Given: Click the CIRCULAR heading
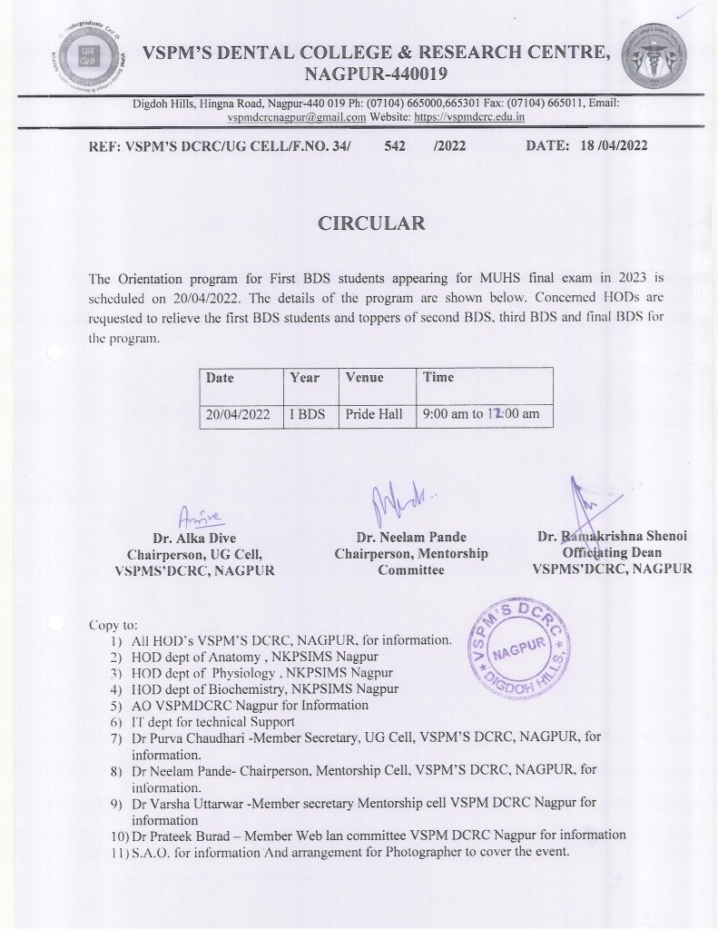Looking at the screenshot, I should pyautogui.click(x=371, y=223).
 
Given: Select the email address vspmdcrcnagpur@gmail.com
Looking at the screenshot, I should pyautogui.click(x=296, y=117).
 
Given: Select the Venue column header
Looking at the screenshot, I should pyautogui.click(x=365, y=378).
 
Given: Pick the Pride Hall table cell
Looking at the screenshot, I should pyautogui.click(x=374, y=414).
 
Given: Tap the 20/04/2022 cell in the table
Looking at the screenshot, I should pyautogui.click(x=239, y=414).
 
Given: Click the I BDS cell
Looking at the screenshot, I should pyautogui.click(x=307, y=414).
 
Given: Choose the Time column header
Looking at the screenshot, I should pyautogui.click(x=438, y=378).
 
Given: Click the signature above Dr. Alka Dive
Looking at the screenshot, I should pyautogui.click(x=202, y=516).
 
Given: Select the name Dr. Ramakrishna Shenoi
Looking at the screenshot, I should pyautogui.click(x=613, y=537).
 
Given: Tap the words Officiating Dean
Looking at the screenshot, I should pyautogui.click(x=612, y=553).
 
